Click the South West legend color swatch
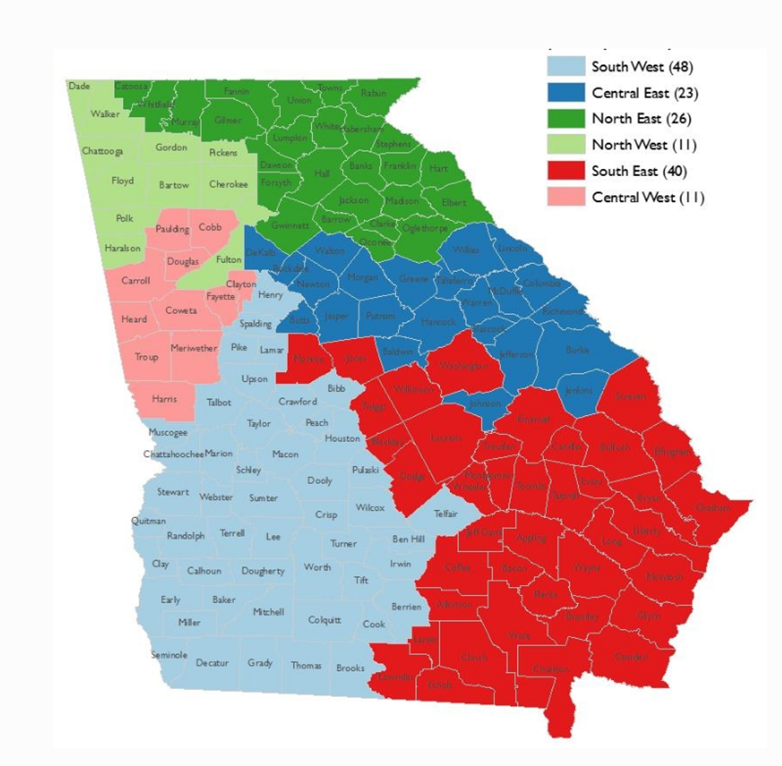(x=565, y=67)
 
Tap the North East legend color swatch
(x=565, y=118)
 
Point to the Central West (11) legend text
(x=648, y=197)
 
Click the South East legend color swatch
(x=565, y=171)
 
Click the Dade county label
(x=79, y=86)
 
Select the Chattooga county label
(x=102, y=150)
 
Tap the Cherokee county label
(x=228, y=184)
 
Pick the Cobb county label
(x=210, y=227)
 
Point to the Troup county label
(x=147, y=357)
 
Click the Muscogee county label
(x=167, y=432)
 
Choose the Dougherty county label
(x=263, y=571)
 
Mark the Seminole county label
(x=169, y=655)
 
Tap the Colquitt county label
(x=324, y=619)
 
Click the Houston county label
(x=342, y=438)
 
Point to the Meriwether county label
(x=194, y=348)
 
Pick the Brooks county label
(x=351, y=667)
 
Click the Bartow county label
(x=174, y=185)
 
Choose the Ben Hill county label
(x=408, y=539)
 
